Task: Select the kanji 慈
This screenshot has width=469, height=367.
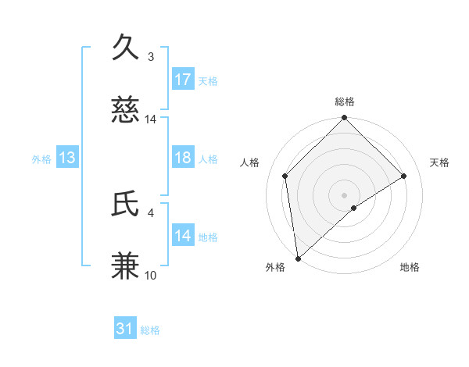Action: click(126, 112)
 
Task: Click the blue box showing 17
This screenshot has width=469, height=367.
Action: click(183, 79)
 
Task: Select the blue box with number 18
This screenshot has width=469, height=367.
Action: click(183, 158)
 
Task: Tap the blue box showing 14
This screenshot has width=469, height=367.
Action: click(183, 236)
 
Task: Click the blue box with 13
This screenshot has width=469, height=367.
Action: click(67, 158)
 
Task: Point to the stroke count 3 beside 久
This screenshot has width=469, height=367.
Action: click(151, 56)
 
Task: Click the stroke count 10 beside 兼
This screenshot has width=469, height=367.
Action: click(151, 276)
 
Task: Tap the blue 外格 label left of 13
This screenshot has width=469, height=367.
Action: click(41, 159)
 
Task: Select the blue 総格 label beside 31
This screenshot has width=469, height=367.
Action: click(150, 330)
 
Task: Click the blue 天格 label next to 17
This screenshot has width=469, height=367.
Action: click(207, 80)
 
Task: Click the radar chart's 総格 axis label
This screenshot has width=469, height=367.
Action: click(345, 102)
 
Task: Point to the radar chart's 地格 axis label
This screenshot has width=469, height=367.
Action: click(410, 268)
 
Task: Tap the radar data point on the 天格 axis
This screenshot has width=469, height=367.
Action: click(404, 176)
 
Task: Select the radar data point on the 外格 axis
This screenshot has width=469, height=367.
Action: click(298, 258)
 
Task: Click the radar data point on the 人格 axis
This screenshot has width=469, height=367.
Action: click(285, 176)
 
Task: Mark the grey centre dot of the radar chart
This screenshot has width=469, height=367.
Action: click(345, 194)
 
